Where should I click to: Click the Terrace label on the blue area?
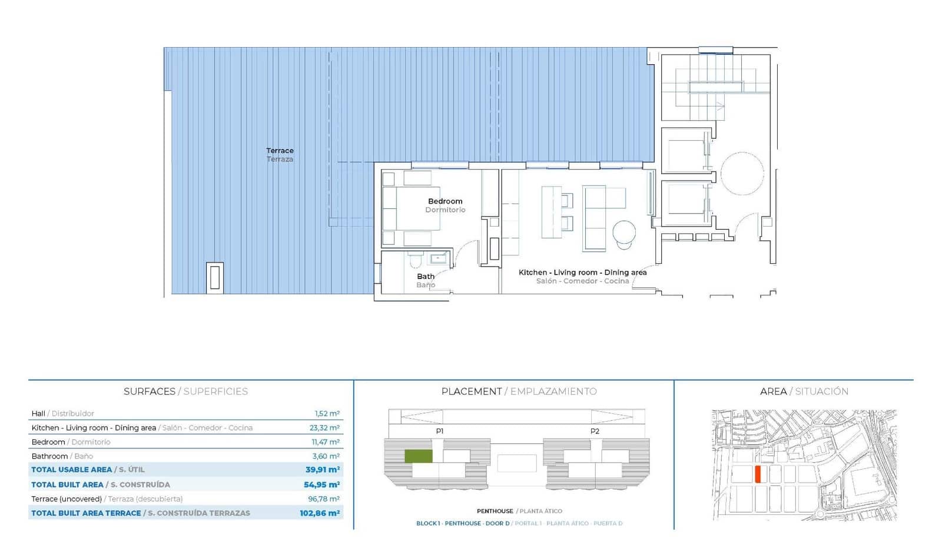pos(280,151)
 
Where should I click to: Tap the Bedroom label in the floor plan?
pos(445,201)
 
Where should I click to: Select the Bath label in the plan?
pos(426,277)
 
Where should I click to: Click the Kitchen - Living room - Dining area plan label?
pos(582,273)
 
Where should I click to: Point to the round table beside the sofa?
pos(624,232)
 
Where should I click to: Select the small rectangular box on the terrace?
pos(215,277)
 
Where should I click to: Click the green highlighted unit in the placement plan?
pos(418,456)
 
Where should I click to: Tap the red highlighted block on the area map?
pos(758,474)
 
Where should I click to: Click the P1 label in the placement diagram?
pos(440,431)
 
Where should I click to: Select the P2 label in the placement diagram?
pos(595,431)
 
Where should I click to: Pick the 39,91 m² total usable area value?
pos(322,470)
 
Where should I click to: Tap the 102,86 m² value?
pos(320,513)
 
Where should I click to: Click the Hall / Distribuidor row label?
pos(62,414)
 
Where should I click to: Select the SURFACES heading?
pos(149,391)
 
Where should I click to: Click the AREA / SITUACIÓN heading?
pos(804,391)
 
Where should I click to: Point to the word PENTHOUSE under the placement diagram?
pos(495,511)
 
